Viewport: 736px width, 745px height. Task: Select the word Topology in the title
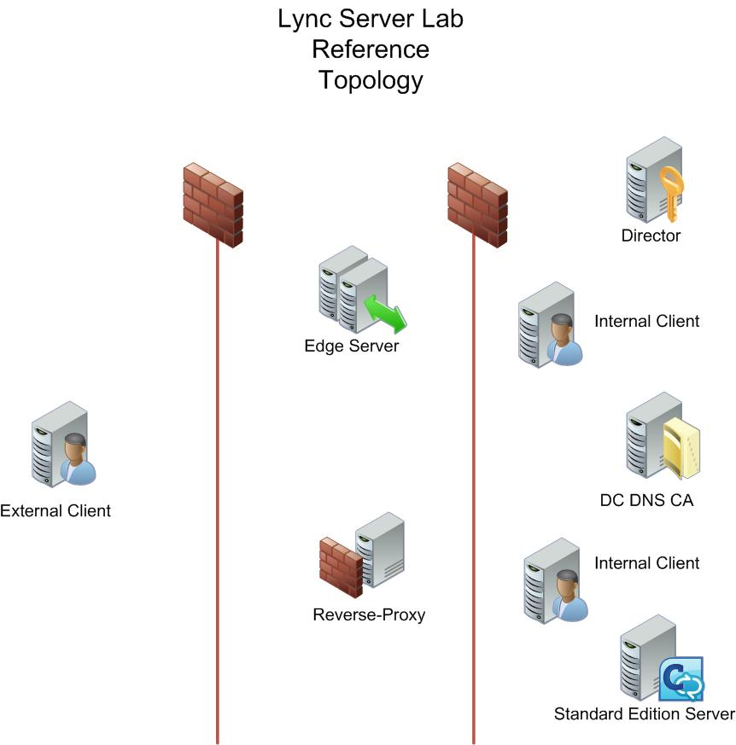(x=371, y=80)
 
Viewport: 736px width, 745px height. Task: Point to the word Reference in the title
(x=371, y=49)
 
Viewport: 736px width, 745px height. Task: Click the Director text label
(x=651, y=236)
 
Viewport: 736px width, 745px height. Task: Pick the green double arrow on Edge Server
(x=384, y=312)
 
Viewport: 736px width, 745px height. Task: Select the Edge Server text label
(x=351, y=346)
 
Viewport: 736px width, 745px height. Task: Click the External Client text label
(x=55, y=511)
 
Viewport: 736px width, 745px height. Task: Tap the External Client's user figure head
(x=76, y=444)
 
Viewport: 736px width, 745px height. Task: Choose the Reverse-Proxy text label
(x=369, y=614)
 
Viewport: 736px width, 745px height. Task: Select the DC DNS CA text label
(x=646, y=500)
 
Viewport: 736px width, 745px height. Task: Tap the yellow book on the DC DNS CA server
(x=682, y=449)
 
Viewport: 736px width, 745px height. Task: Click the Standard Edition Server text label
(x=644, y=713)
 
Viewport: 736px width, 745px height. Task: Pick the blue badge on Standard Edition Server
(x=681, y=678)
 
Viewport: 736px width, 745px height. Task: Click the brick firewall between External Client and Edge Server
(x=213, y=205)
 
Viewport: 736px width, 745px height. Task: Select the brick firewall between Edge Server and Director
(x=477, y=205)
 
